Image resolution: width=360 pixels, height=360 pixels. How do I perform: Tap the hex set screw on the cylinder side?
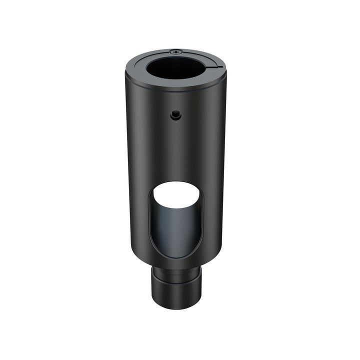pos(174,115)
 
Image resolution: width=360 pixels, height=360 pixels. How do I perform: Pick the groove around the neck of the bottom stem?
pos(177,274)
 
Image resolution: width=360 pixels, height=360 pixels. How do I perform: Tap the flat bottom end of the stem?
pos(177,304)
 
